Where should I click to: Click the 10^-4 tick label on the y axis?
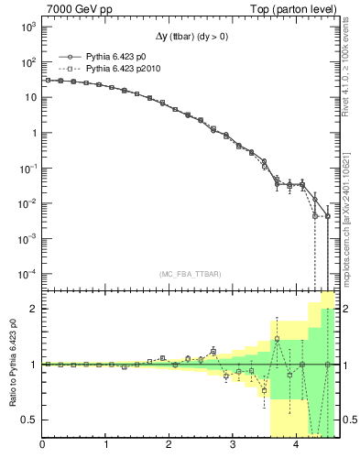click(x=27, y=274)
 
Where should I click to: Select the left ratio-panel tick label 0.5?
click(x=28, y=420)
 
